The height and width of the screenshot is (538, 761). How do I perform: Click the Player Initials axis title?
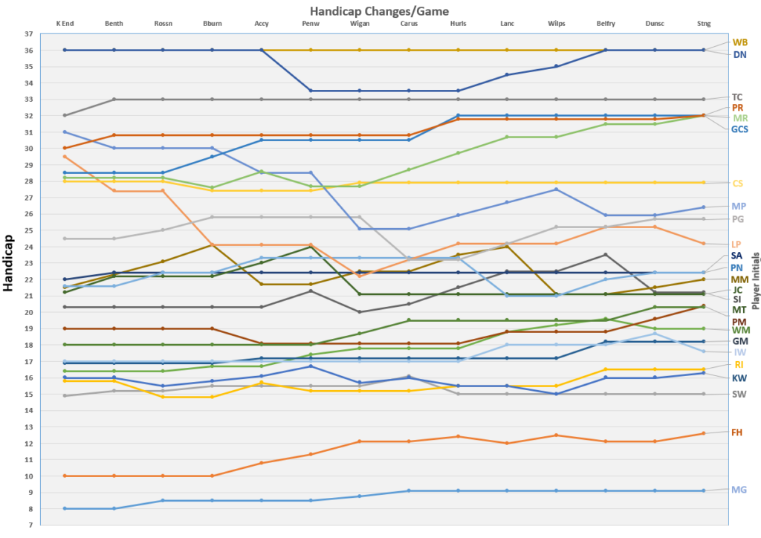pyautogui.click(x=755, y=279)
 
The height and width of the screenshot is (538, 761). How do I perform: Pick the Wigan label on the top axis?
pyautogui.click(x=360, y=24)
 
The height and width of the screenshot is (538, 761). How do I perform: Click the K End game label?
pyautogui.click(x=65, y=24)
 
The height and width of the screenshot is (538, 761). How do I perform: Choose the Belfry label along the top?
pyautogui.click(x=606, y=24)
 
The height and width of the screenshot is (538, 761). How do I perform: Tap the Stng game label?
pyautogui.click(x=704, y=24)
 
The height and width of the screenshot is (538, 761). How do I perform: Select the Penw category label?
pyautogui.click(x=311, y=24)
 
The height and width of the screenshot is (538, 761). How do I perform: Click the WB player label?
pyautogui.click(x=740, y=42)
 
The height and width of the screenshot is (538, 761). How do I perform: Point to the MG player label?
pyautogui.click(x=739, y=490)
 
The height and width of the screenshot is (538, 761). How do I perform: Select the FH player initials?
pyautogui.click(x=739, y=432)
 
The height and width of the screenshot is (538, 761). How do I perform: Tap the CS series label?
pyautogui.click(x=739, y=184)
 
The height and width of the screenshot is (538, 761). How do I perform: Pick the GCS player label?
pyautogui.click(x=739, y=129)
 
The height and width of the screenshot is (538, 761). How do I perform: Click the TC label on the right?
pyautogui.click(x=737, y=97)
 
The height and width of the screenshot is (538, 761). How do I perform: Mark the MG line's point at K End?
pyautogui.click(x=65, y=508)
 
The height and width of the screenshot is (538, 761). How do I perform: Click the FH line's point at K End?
pyautogui.click(x=65, y=476)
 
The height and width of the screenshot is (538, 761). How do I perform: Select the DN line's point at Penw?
pyautogui.click(x=311, y=91)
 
